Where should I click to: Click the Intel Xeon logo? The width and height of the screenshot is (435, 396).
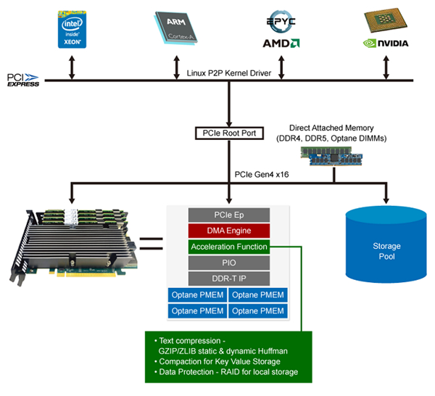click(x=71, y=30)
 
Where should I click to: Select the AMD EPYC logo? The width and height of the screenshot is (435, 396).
click(x=281, y=30)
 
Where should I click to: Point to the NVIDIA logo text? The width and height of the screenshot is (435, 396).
click(x=385, y=43)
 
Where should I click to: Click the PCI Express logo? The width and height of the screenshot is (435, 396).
click(x=23, y=80)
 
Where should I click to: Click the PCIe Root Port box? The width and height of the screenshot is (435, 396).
click(x=228, y=133)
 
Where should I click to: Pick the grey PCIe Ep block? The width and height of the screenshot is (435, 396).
click(x=228, y=215)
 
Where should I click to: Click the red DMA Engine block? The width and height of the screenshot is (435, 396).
click(x=228, y=231)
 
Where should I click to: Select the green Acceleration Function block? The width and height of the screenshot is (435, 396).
click(x=228, y=247)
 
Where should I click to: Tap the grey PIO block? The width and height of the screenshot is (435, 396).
click(x=228, y=263)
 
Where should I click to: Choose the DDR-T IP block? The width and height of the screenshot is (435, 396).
click(x=228, y=279)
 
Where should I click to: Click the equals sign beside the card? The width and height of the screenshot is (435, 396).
click(x=150, y=243)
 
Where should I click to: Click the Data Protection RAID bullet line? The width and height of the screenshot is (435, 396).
click(x=225, y=373)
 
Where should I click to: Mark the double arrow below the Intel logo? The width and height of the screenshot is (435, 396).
click(x=71, y=66)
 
